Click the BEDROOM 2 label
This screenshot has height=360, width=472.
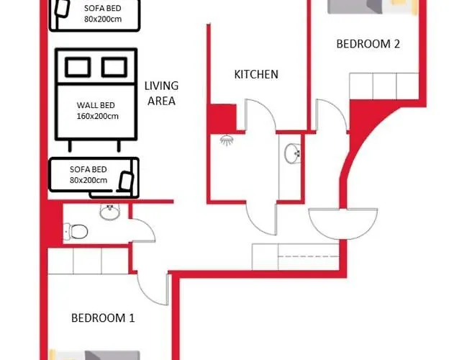368,44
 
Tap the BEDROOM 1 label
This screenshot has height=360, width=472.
103,318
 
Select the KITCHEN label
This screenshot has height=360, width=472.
256,74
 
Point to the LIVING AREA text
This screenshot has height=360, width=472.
161,94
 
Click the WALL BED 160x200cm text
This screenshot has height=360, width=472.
97,111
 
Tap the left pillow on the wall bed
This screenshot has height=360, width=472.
78,67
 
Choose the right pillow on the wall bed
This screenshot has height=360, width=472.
114,67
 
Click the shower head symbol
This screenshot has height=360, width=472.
227,140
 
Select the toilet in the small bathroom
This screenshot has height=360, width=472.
76,232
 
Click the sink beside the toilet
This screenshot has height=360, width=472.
109,212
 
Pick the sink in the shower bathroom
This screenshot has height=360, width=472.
292,153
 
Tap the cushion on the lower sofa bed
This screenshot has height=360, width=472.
126,181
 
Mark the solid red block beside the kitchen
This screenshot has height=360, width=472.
222,118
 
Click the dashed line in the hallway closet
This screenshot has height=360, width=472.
309,256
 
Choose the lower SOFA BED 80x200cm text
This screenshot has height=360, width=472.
88,175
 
